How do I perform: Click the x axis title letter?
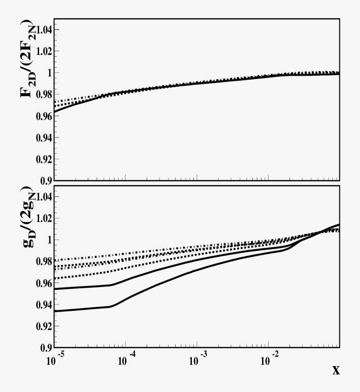click(336, 370)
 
